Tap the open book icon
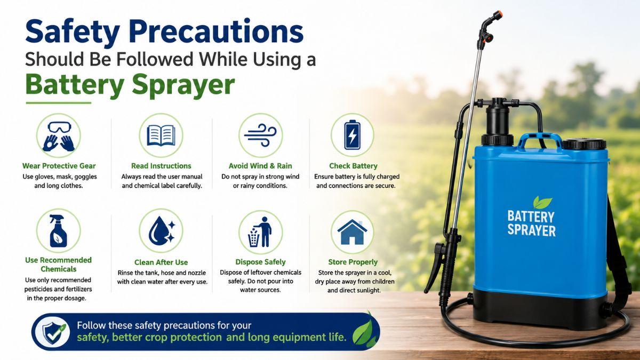161,135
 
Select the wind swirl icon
260,135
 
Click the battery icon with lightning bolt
353,135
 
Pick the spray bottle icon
58,231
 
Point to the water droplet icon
162,230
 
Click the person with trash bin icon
260,231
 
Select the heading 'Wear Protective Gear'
59,166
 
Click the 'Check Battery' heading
353,166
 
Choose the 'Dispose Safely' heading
260,262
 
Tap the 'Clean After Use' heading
161,262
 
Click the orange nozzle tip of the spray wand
499,13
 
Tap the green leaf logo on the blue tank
542,202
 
